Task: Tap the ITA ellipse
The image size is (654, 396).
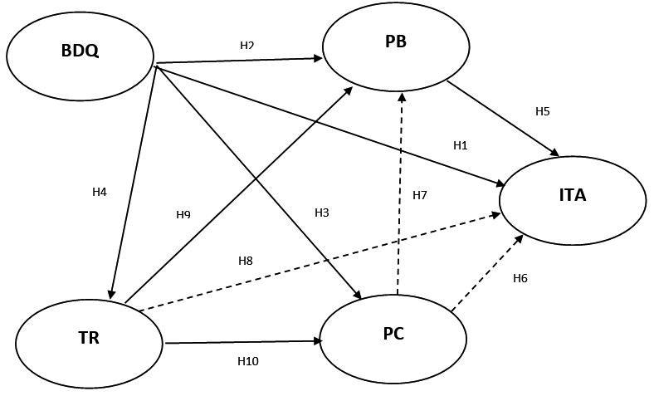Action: (x=572, y=197)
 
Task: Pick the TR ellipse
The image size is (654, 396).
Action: (x=89, y=339)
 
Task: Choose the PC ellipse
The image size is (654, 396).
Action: (x=393, y=335)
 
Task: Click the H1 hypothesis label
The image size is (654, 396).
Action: (x=461, y=145)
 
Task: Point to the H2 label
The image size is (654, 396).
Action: (x=246, y=46)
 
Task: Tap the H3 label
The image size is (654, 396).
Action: (x=322, y=213)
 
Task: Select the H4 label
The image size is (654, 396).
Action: (x=100, y=192)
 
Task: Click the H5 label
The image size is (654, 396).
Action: (x=543, y=110)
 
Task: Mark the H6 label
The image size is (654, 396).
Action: (x=520, y=278)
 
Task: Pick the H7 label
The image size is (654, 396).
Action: (x=420, y=195)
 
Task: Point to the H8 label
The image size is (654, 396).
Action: (x=246, y=261)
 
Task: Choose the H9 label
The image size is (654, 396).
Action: (x=183, y=215)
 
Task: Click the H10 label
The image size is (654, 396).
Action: (x=248, y=361)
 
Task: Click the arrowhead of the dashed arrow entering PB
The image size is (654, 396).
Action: (x=403, y=96)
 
